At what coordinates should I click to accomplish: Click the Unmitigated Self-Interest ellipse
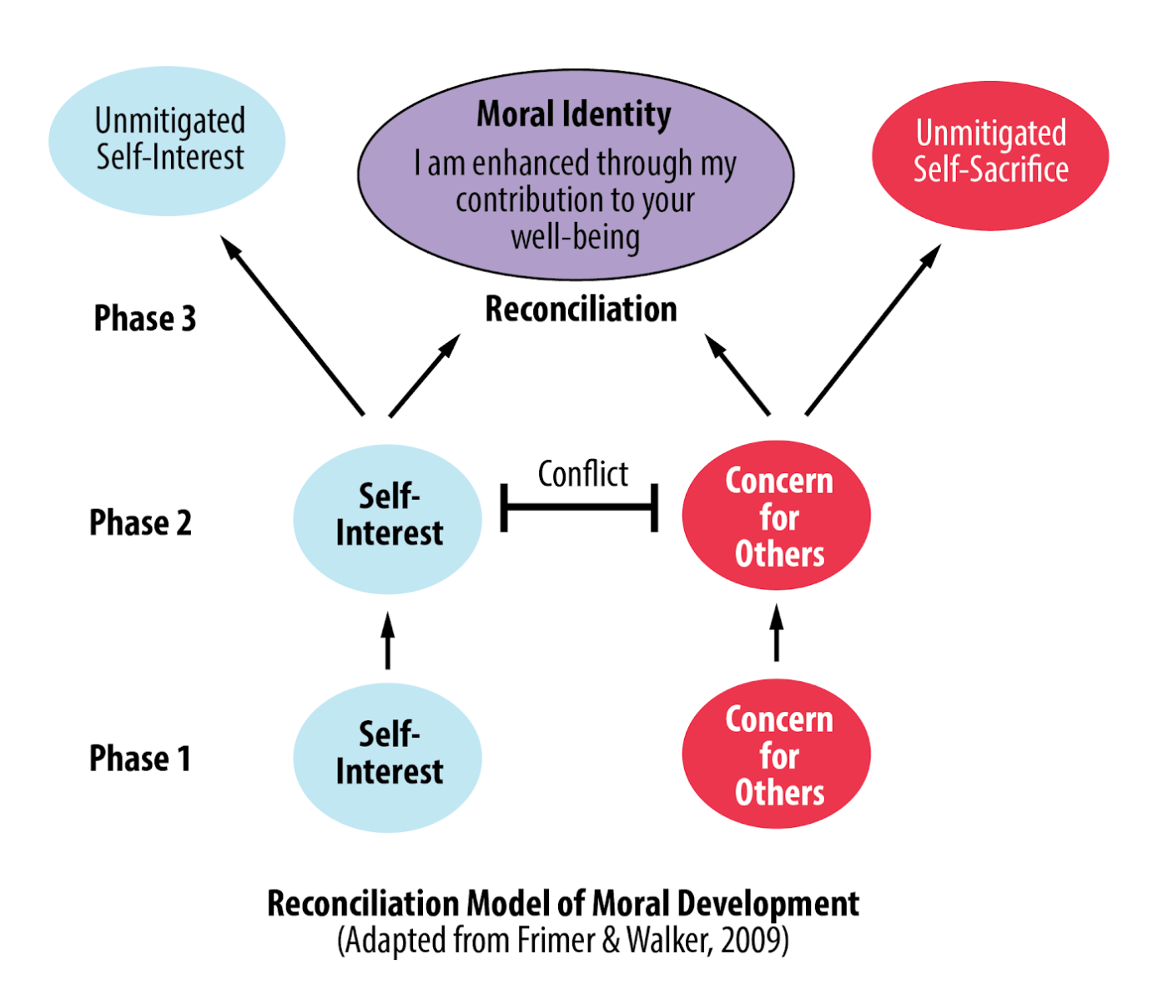[167, 140]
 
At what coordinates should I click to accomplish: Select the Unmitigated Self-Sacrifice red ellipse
[990, 155]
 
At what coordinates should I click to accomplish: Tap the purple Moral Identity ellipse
[576, 175]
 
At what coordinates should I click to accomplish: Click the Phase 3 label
[144, 319]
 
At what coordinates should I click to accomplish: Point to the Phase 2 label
[140, 523]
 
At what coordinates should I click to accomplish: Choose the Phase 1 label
[140, 759]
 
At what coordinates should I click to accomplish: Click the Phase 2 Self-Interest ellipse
[388, 519]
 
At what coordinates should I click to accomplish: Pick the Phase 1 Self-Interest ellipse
[388, 757]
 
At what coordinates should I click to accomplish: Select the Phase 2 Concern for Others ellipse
[777, 516]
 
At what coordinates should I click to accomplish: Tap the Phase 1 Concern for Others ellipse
[777, 754]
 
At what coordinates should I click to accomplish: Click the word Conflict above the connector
[582, 474]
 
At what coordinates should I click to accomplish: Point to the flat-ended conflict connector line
[579, 507]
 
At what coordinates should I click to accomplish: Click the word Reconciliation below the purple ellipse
[581, 310]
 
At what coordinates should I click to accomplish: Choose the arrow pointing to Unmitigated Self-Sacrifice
[873, 330]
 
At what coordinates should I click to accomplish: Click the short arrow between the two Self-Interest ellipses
[387, 641]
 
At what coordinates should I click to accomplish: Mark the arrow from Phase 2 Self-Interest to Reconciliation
[425, 375]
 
